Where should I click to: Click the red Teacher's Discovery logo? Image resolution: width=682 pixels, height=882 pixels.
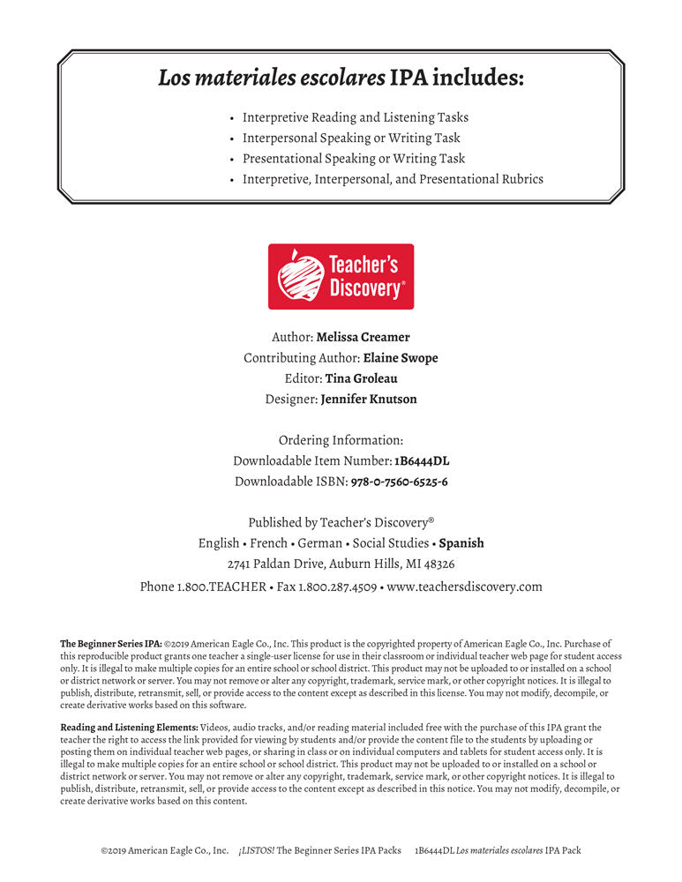pyautogui.click(x=341, y=276)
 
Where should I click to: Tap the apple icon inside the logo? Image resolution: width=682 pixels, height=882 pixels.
pyautogui.click(x=300, y=277)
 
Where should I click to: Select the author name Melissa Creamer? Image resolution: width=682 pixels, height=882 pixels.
pyautogui.click(x=363, y=337)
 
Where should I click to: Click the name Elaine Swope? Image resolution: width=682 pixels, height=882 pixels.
pyautogui.click(x=401, y=358)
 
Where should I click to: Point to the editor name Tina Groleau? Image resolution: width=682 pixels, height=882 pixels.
pyautogui.click(x=361, y=378)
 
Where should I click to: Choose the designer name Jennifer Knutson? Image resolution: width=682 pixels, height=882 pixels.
pyautogui.click(x=369, y=399)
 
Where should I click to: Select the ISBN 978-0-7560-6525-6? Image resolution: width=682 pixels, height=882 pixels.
pyautogui.click(x=399, y=482)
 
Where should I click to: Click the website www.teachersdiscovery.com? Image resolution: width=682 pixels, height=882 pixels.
pyautogui.click(x=464, y=586)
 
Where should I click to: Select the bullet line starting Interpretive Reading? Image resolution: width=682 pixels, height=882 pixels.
pyautogui.click(x=355, y=117)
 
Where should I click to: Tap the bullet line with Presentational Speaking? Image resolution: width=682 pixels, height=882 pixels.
pyautogui.click(x=353, y=159)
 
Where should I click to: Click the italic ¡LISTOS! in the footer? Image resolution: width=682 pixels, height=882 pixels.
pyautogui.click(x=256, y=851)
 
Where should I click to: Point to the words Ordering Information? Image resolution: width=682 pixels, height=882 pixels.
pyautogui.click(x=341, y=440)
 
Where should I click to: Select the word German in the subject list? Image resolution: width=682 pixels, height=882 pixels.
pyautogui.click(x=319, y=543)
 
